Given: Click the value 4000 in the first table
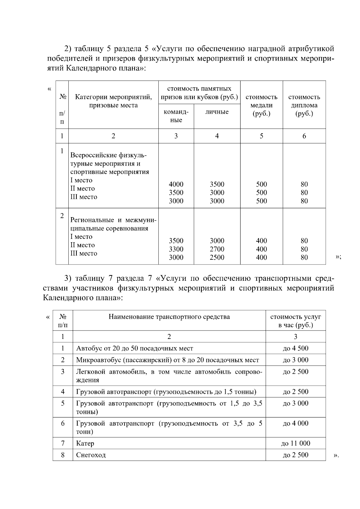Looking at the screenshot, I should point(176,184).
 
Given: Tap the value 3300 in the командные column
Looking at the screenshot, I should point(176,249).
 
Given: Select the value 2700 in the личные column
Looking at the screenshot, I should point(217,249).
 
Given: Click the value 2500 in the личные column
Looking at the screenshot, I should point(217,257).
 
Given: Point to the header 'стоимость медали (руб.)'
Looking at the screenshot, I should point(261,105).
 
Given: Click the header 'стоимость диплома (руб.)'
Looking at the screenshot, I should point(304,105).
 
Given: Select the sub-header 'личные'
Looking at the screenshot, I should point(217,112).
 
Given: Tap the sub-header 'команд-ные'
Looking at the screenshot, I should point(176,116).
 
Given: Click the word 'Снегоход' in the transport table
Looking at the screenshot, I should point(91,455).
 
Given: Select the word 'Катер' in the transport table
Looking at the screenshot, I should point(85,443).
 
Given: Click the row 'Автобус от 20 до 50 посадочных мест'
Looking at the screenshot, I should point(135,348).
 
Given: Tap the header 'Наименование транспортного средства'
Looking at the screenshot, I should point(169,317).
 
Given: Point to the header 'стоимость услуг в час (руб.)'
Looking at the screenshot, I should point(295,321).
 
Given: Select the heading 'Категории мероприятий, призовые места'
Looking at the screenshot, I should point(113,101).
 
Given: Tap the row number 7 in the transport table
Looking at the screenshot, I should point(63,443).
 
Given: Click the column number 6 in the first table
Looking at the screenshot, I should point(304,136).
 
